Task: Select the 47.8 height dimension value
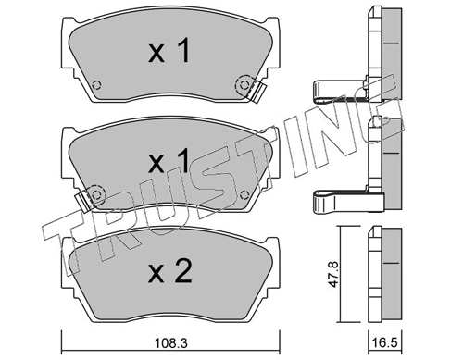[334, 274]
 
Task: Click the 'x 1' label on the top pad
[169, 52]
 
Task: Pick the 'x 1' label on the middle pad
[169, 160]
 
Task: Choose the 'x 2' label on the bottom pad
[170, 271]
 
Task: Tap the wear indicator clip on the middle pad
[83, 200]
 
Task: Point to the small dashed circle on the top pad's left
[97, 84]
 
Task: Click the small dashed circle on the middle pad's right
[244, 195]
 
